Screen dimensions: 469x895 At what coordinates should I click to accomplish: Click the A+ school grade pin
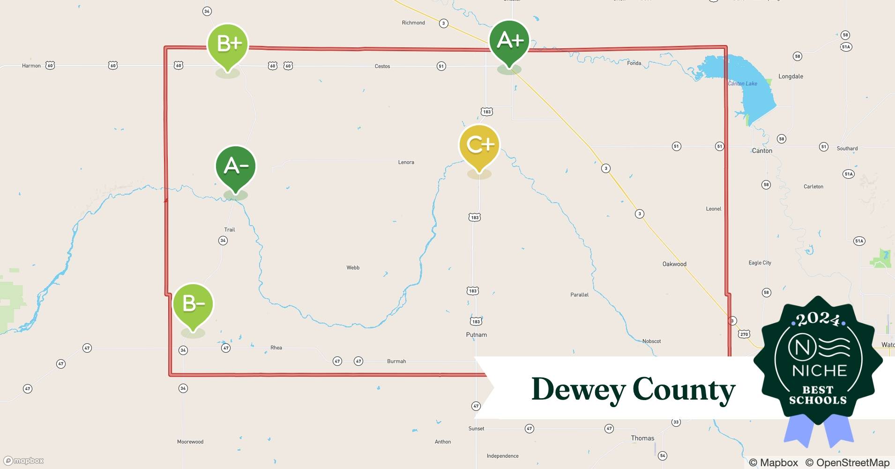click(509, 41)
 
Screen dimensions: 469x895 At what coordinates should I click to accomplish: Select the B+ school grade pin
click(228, 44)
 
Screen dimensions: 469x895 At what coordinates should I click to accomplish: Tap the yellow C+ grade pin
click(479, 145)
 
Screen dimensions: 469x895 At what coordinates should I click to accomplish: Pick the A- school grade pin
click(236, 166)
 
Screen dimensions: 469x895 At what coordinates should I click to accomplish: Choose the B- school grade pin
click(193, 304)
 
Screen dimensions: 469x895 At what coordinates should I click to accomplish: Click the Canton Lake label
click(742, 83)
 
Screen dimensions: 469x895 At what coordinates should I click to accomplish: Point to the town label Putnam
click(476, 335)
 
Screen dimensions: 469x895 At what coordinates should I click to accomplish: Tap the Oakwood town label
click(674, 264)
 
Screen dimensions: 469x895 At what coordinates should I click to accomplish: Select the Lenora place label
click(406, 162)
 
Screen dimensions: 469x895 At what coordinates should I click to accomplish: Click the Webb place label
click(353, 268)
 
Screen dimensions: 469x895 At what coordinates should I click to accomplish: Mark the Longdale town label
click(791, 76)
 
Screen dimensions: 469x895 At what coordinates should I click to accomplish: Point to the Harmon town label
click(31, 66)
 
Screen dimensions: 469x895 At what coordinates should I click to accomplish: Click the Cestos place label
click(382, 66)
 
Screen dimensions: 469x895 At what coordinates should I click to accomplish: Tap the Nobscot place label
click(651, 341)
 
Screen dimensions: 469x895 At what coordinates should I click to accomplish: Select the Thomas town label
click(642, 438)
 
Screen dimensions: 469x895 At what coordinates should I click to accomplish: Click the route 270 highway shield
click(744, 334)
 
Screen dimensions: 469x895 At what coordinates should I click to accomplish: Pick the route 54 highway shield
click(662, 455)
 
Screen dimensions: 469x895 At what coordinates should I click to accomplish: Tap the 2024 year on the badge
click(818, 320)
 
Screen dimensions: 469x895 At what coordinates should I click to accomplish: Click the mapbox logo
click(24, 461)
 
